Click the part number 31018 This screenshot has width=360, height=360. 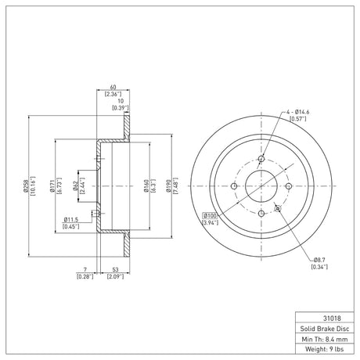(332, 319)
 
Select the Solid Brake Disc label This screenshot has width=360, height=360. (325, 329)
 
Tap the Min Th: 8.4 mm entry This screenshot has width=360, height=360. (325, 339)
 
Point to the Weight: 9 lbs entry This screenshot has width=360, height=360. (325, 349)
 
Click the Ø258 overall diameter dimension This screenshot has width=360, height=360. (26, 185)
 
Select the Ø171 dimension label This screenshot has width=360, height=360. (52, 185)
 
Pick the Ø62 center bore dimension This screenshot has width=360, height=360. (75, 185)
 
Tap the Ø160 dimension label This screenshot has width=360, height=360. (146, 185)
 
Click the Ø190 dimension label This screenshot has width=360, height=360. (168, 185)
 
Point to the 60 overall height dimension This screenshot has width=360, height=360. (113, 87)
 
